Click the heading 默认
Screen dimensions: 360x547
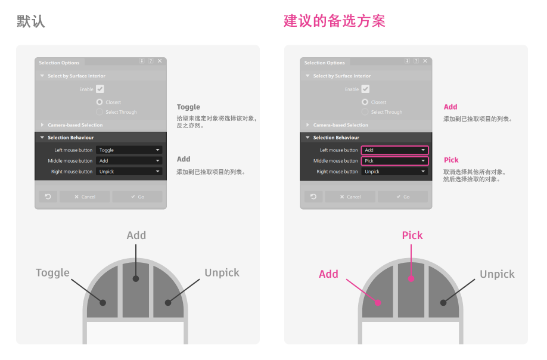[31, 21]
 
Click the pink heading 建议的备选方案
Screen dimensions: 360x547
[334, 21]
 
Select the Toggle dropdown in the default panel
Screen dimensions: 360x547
[129, 150]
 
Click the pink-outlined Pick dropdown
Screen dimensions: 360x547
[394, 161]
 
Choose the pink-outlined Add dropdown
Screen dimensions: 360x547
[394, 150]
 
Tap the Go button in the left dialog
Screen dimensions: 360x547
[137, 197]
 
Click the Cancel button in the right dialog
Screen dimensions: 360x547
[350, 197]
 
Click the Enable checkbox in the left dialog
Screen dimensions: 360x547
[100, 89]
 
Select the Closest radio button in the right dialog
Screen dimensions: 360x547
[365, 102]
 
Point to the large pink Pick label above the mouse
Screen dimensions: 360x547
[412, 235]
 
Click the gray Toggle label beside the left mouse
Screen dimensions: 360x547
[52, 273]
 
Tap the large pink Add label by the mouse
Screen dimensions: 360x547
[328, 274]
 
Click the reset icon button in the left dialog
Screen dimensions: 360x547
[48, 197]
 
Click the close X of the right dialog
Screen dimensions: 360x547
[425, 61]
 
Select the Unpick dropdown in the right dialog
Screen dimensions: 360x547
[394, 172]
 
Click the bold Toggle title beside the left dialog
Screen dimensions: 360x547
[188, 107]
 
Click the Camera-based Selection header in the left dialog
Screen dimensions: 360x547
[75, 125]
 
